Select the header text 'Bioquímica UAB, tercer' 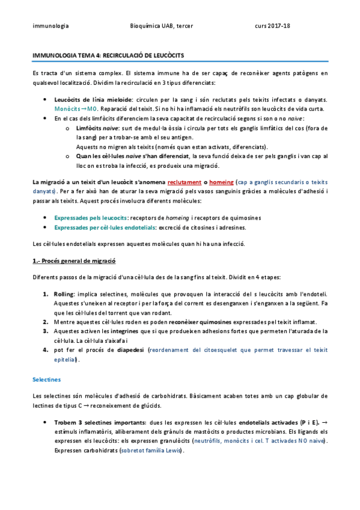[x=160, y=26]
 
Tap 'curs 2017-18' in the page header [x=272, y=26]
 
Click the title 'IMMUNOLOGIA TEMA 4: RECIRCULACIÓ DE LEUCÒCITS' [x=108, y=55]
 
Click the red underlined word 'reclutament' [x=184, y=180]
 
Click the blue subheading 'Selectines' [x=46, y=379]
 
